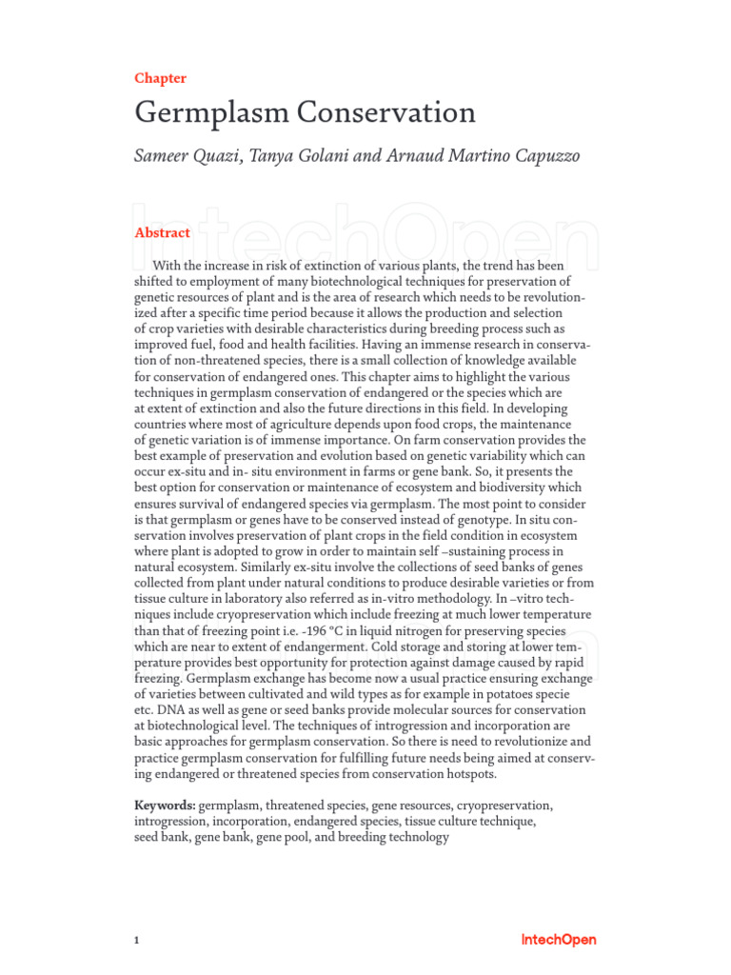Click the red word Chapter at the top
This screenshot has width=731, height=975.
coord(160,78)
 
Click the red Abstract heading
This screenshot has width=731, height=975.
coord(162,232)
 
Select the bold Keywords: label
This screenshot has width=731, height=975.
coord(165,806)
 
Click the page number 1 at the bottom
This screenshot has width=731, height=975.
coord(138,941)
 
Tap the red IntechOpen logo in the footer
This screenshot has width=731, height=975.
coord(559,940)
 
